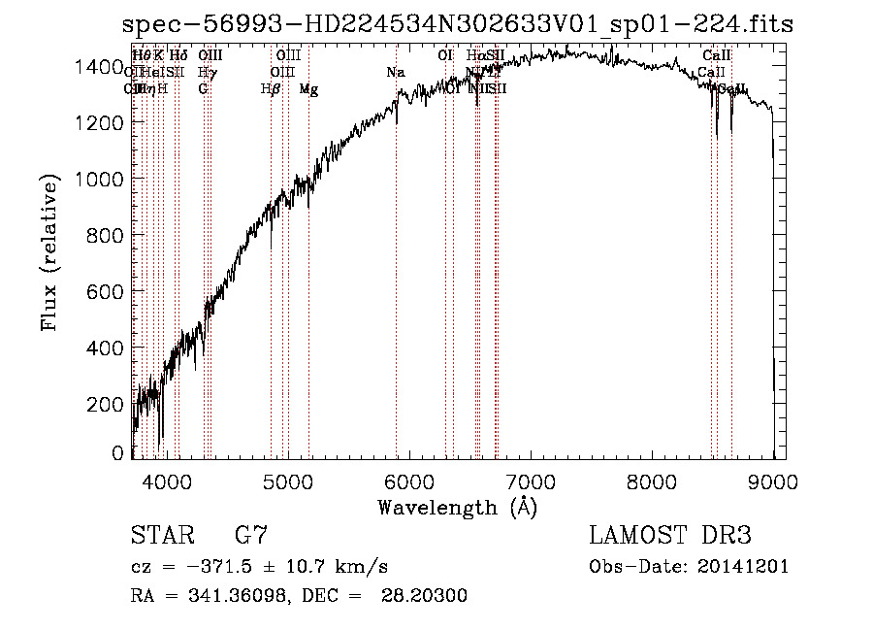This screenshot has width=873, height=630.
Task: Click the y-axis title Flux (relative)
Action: (x=49, y=253)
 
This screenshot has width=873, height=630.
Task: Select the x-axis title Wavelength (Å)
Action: (x=457, y=507)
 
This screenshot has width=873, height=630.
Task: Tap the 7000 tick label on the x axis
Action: (x=531, y=481)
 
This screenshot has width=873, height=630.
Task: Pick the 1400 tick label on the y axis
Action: (x=102, y=67)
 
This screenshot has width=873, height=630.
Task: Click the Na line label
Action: (x=396, y=73)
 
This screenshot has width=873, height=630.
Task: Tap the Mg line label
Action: (x=308, y=89)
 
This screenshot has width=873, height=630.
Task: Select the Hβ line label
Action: (x=271, y=89)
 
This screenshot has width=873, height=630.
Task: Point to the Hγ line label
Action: (x=207, y=73)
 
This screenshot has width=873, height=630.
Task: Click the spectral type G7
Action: (x=251, y=536)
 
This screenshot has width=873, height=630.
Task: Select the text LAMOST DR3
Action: (x=670, y=536)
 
